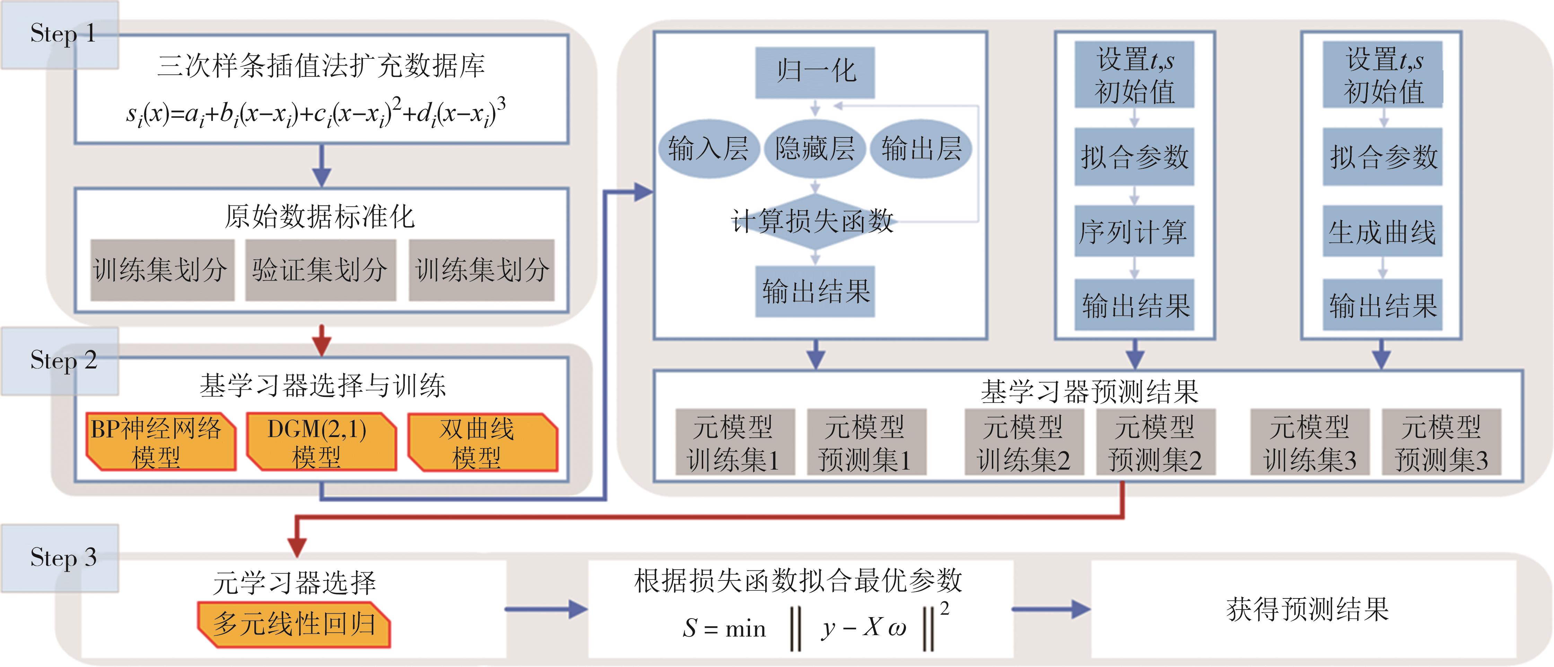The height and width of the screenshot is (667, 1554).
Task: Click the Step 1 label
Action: tap(60, 34)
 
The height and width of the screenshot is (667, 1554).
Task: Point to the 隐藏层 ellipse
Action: tap(815, 148)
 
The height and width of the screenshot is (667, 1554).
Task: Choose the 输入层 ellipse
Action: tap(708, 148)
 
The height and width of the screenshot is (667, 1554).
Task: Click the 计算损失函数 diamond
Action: tap(813, 221)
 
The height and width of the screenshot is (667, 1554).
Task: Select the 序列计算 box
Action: tap(1134, 232)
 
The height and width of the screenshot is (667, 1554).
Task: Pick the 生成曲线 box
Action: tap(1382, 232)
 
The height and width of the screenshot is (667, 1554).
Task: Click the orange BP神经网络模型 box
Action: tap(160, 442)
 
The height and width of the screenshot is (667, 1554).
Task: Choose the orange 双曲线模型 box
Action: tap(482, 442)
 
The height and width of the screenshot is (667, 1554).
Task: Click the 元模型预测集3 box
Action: tap(1441, 443)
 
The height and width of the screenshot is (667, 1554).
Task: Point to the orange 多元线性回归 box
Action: tap(294, 624)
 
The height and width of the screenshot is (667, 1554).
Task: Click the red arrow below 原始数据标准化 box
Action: tap(322, 341)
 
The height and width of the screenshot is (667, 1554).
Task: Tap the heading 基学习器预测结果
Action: tap(1089, 392)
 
